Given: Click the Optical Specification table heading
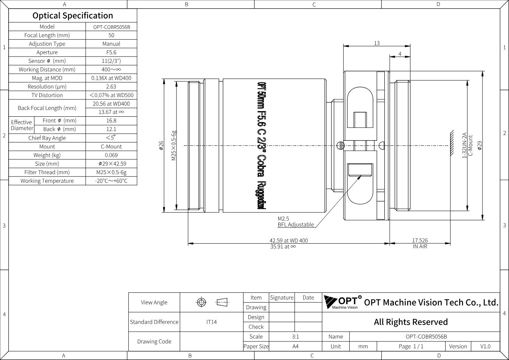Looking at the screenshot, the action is coord(73,16).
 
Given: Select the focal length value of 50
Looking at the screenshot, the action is coord(111,35).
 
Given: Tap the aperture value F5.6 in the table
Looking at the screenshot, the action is coord(111,53).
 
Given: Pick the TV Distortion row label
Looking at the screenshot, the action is coord(47,95).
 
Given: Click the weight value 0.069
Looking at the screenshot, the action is coord(111,155).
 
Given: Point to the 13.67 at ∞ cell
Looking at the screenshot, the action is coord(111,112).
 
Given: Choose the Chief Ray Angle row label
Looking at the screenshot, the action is coord(47,138).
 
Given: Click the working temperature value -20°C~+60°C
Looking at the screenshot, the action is coord(111,181).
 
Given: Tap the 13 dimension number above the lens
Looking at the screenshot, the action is coord(377,43).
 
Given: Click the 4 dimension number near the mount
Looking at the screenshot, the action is coord(400,54).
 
